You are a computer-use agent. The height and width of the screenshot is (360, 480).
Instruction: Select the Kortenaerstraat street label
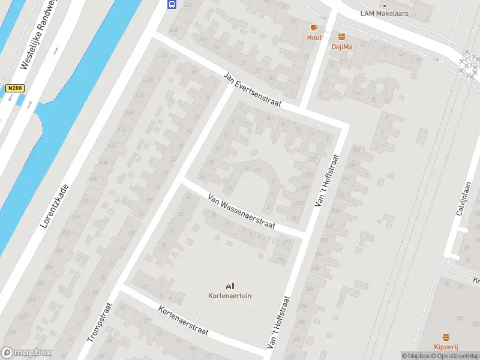pyautogui.click(x=184, y=320)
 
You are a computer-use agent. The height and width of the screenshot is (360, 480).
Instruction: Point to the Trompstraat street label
pyautogui.click(x=100, y=322)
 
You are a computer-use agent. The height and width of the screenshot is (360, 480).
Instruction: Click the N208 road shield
pyautogui.click(x=15, y=88)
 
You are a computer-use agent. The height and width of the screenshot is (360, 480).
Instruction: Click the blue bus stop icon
pyautogui.click(x=172, y=4)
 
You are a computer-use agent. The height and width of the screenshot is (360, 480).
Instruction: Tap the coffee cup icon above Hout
pyautogui.click(x=314, y=28)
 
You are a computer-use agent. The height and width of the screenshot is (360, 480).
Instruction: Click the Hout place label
pyautogui.click(x=314, y=37)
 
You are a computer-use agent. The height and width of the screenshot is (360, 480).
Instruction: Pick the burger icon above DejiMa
pyautogui.click(x=342, y=37)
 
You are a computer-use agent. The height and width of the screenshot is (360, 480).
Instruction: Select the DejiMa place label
pyautogui.click(x=342, y=46)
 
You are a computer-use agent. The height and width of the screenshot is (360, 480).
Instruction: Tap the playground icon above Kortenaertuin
pyautogui.click(x=229, y=286)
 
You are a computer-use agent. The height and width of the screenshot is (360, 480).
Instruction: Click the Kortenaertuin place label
pyautogui.click(x=229, y=295)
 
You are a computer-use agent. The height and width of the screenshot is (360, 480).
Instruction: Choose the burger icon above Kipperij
pyautogui.click(x=446, y=337)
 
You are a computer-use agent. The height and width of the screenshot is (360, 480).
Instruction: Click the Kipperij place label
pyautogui.click(x=446, y=347)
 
